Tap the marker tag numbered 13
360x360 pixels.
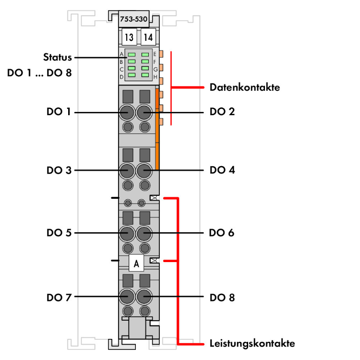[x=129, y=37]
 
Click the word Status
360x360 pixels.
[x=58, y=58]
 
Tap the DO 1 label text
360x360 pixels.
[x=59, y=112]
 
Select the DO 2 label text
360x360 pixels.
[x=222, y=112]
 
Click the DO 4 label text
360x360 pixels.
[x=222, y=170]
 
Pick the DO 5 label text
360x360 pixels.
[x=59, y=233]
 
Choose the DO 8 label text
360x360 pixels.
[x=222, y=297]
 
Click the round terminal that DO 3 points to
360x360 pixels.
[x=127, y=170]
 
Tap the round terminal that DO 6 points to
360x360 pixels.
[x=144, y=234]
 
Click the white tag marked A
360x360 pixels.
[x=136, y=263]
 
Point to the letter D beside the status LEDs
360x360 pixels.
[x=121, y=76]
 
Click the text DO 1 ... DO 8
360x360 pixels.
[x=39, y=74]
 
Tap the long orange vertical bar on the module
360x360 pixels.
[x=157, y=129]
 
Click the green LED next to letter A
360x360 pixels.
[x=131, y=54]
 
